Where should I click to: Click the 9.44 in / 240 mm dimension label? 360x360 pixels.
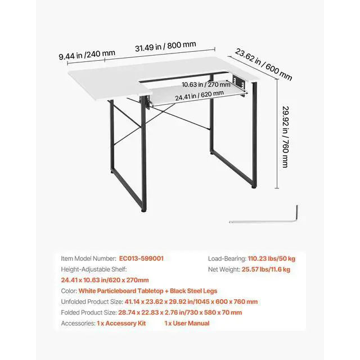[x=87, y=55]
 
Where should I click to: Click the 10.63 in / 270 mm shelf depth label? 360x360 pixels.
[x=206, y=85]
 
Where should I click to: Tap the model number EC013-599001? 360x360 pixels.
[x=141, y=258]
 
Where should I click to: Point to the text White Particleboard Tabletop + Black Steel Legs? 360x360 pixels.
[x=147, y=291]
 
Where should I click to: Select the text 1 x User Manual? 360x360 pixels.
[x=187, y=323]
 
